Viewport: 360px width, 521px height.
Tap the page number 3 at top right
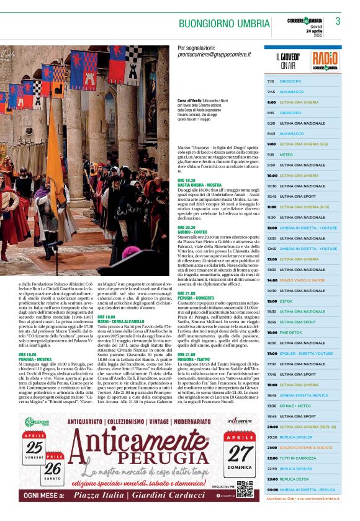[338, 21]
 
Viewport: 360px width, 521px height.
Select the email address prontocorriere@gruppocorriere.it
[215, 55]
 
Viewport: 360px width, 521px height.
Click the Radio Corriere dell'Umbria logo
[325, 61]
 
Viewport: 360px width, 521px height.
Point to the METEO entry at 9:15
[286, 154]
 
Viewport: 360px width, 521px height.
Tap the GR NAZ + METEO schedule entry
[294, 406]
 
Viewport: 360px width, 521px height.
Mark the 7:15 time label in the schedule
[271, 81]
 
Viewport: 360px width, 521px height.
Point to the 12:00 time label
[271, 228]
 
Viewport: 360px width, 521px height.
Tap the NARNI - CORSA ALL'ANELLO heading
[121, 321]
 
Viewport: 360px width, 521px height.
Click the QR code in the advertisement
[244, 489]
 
